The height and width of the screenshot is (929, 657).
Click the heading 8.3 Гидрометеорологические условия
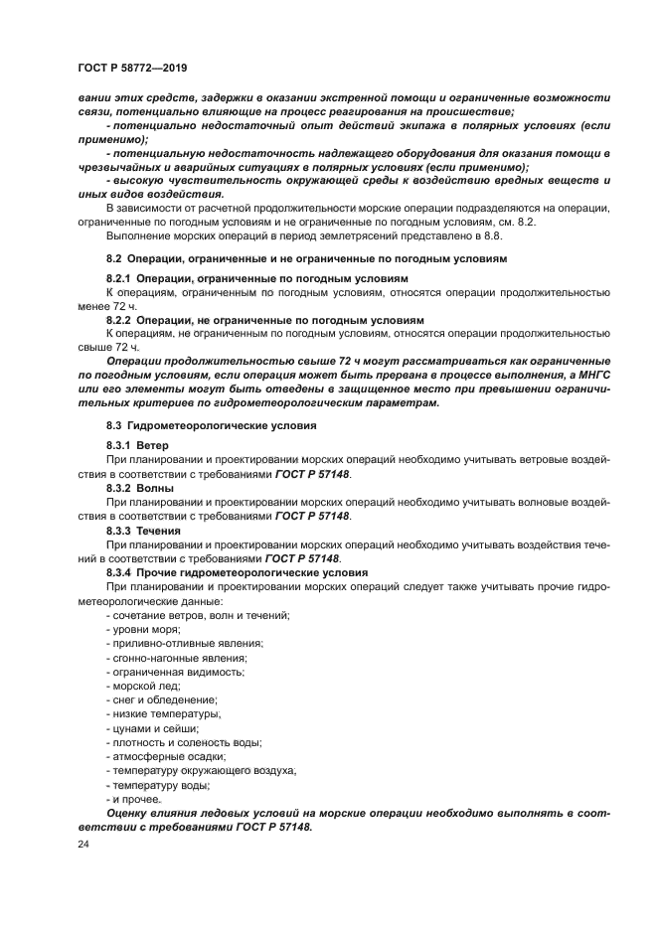click(211, 425)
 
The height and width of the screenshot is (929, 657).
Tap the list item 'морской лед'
click(143, 686)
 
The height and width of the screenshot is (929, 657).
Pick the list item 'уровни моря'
click(142, 630)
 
